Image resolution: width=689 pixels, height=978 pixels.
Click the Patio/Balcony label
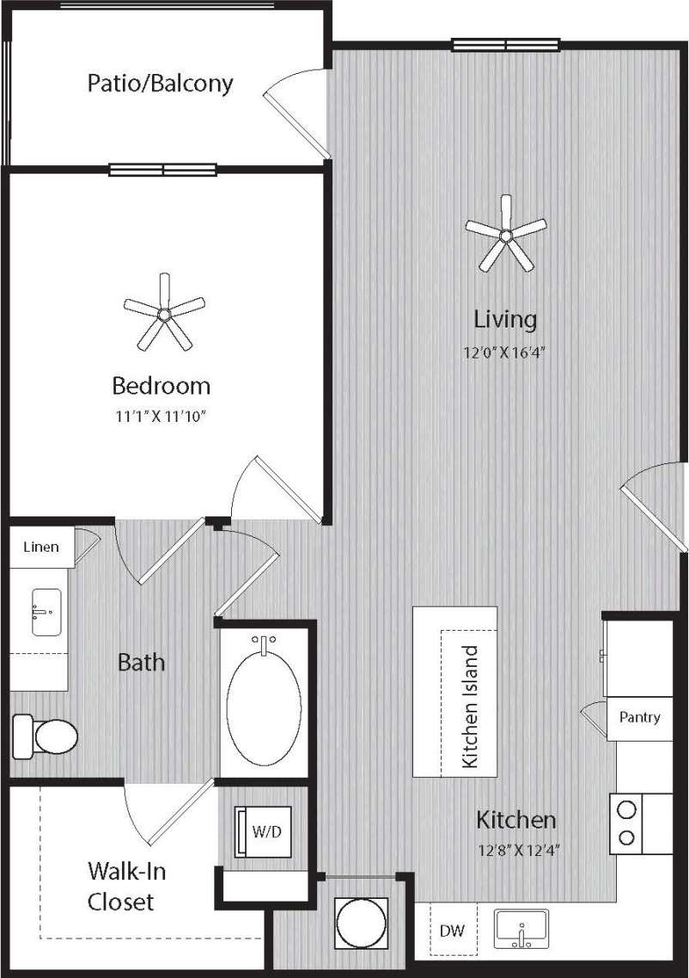(x=160, y=83)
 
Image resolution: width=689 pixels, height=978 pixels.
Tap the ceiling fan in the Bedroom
(x=164, y=315)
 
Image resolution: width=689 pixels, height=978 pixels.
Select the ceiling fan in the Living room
(x=506, y=234)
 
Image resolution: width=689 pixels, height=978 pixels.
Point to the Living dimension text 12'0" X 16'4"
(x=505, y=351)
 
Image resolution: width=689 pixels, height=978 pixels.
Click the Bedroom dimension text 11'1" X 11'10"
(x=162, y=416)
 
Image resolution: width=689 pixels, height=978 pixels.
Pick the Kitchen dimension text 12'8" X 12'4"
(x=515, y=851)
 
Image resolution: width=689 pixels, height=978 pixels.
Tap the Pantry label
(x=639, y=717)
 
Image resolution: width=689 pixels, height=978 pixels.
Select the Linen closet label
(x=41, y=547)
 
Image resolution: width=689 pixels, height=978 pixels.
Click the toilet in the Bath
(x=46, y=736)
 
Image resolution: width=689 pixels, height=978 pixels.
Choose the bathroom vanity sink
(x=46, y=612)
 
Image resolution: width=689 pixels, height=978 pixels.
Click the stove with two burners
(x=628, y=822)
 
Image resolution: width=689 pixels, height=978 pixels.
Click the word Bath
(x=141, y=663)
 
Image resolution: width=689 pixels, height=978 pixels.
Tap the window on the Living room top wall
(x=506, y=45)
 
